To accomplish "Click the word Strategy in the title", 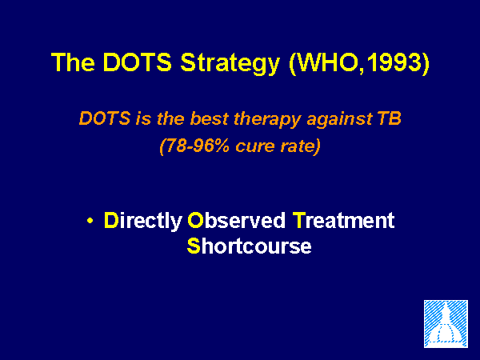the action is tap(230, 63).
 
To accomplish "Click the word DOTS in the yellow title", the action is tap(137, 62).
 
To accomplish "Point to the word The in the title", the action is tap(73, 62).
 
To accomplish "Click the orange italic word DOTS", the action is tap(105, 118).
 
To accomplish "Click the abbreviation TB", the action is tap(389, 118).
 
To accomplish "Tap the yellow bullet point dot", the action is tap(90, 221).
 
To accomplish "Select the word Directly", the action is tap(143, 221).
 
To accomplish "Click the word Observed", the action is tap(236, 220).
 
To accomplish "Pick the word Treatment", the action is tap(343, 220).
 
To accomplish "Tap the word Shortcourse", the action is tap(249, 246).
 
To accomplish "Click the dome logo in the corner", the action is tap(446, 324).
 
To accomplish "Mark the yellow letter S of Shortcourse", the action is tap(194, 246).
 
